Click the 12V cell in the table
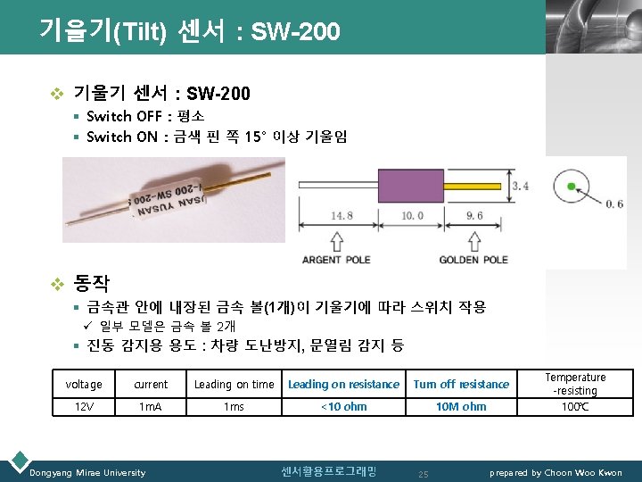83,407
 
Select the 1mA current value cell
151,407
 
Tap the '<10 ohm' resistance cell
343,407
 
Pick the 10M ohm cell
461,407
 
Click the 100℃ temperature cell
575,407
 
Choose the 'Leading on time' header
235,385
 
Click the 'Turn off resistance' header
461,385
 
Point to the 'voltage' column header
83,385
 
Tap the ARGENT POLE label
335,260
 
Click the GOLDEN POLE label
473,260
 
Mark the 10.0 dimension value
412,215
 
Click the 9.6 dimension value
473,215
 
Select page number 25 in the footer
424,473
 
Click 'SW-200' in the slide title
296,33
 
